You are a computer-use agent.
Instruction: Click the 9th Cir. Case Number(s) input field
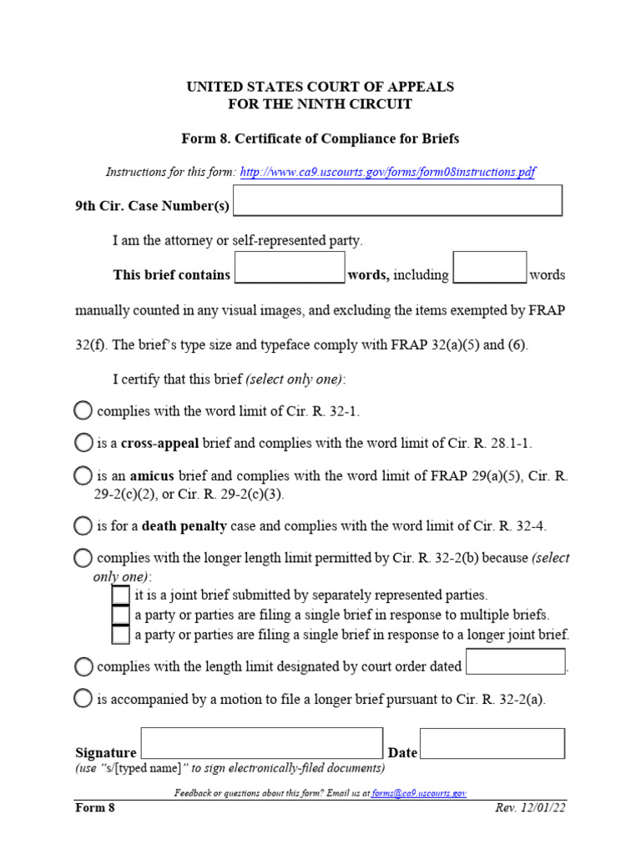click(x=398, y=201)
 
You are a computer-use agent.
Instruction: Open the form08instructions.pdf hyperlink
click(x=387, y=173)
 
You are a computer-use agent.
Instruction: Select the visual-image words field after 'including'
click(x=489, y=267)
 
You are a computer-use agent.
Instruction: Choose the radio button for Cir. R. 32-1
click(x=83, y=410)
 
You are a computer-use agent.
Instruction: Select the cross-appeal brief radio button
click(x=83, y=443)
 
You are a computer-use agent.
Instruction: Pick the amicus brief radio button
click(x=83, y=475)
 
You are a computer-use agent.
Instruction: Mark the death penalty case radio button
click(x=83, y=525)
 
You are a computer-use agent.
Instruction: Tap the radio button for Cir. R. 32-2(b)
click(x=83, y=557)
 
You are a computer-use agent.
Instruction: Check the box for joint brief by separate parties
click(x=121, y=595)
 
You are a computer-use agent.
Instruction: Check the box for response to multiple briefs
click(x=121, y=615)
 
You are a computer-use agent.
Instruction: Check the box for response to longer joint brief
click(x=121, y=635)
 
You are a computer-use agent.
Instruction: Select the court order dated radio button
click(x=83, y=666)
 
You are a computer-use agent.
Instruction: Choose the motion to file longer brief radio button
click(x=83, y=699)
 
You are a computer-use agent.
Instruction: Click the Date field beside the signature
click(x=492, y=744)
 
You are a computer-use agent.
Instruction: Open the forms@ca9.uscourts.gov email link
click(x=419, y=793)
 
